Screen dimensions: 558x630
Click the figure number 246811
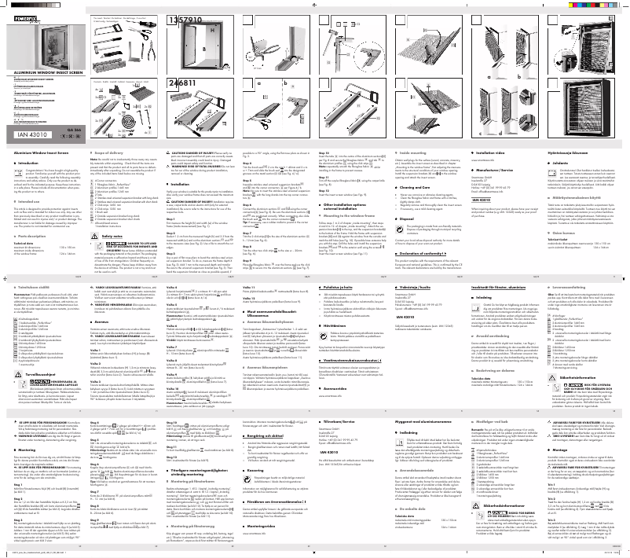click(181, 81)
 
